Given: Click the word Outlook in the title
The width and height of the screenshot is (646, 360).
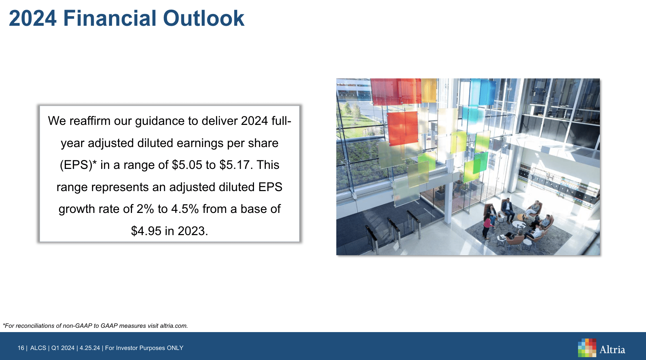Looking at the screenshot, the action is point(204,18).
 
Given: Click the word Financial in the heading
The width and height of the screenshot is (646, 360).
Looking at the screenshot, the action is point(110,18).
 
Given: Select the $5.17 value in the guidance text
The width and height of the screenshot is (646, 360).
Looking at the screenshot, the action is point(234,165).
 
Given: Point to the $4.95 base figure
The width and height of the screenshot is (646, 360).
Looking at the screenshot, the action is point(146,231).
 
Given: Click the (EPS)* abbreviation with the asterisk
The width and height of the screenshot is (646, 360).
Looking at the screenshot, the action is point(78,165).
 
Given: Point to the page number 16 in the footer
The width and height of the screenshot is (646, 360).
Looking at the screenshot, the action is point(21,348).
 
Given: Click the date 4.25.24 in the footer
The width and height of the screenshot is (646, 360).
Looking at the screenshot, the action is point(90,348).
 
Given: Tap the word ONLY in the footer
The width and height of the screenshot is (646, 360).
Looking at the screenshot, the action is point(175,348).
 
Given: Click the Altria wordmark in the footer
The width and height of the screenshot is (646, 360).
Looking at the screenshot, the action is point(612,350).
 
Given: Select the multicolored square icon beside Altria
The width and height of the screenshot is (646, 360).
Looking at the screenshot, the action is point(587,348).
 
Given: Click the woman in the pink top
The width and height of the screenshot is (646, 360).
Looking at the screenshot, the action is point(487,226).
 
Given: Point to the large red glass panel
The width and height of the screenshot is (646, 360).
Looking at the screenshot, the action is point(403,128).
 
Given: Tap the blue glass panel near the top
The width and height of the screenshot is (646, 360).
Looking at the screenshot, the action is point(483,92).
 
